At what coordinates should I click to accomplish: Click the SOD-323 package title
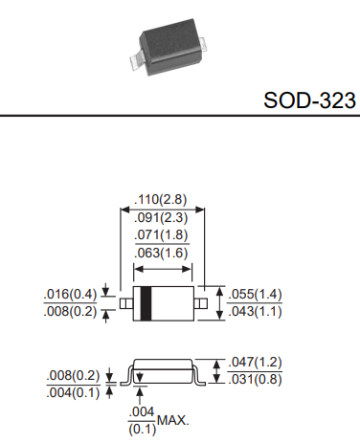[x=308, y=100]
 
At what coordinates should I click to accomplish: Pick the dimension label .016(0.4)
[x=69, y=294]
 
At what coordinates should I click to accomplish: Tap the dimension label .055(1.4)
[x=257, y=294]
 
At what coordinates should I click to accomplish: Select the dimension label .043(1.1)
[x=257, y=311]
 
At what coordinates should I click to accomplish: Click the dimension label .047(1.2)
[x=257, y=363]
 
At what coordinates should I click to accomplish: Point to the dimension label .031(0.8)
[x=257, y=379]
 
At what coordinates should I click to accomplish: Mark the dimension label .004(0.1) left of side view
[x=71, y=391]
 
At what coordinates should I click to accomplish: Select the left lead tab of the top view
[x=124, y=302]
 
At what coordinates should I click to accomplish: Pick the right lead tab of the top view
[x=202, y=302]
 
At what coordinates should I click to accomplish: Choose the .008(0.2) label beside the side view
[x=71, y=375]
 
